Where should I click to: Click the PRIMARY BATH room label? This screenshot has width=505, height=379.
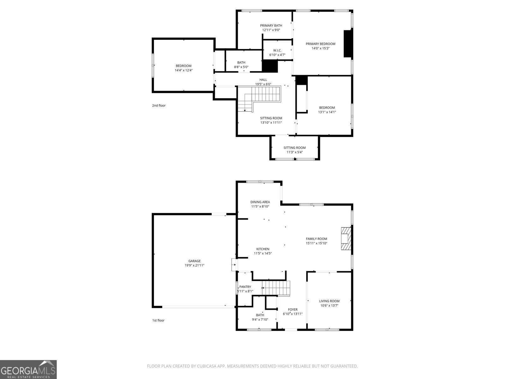[x=271, y=26]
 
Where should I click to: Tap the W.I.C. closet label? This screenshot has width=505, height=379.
[x=277, y=51]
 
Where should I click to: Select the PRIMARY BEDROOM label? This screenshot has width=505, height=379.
[x=320, y=44]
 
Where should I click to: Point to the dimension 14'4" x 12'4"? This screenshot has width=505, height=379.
[x=184, y=70]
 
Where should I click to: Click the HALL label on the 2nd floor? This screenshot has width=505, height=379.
[x=263, y=80]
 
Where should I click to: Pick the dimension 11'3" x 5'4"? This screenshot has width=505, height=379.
[x=294, y=152]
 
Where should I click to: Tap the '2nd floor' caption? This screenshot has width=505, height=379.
[x=159, y=105]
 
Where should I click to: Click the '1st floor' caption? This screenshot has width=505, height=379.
[x=158, y=320]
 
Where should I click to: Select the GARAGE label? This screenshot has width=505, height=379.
[x=194, y=261]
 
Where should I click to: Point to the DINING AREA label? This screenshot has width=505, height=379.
[x=260, y=202]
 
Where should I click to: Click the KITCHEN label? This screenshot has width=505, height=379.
[x=263, y=249]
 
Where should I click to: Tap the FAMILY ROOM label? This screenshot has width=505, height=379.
[x=316, y=239]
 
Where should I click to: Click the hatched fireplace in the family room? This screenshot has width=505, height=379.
[x=346, y=239]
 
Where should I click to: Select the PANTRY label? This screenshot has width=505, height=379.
[x=245, y=287]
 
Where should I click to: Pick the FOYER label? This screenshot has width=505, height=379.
[x=293, y=310]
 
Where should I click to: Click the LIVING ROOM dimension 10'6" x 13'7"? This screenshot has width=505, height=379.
[x=329, y=306]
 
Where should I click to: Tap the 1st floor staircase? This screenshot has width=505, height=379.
[x=276, y=288]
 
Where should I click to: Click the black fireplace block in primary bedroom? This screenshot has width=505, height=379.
[x=348, y=44]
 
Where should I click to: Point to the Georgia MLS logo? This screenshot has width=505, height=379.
[x=28, y=369]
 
